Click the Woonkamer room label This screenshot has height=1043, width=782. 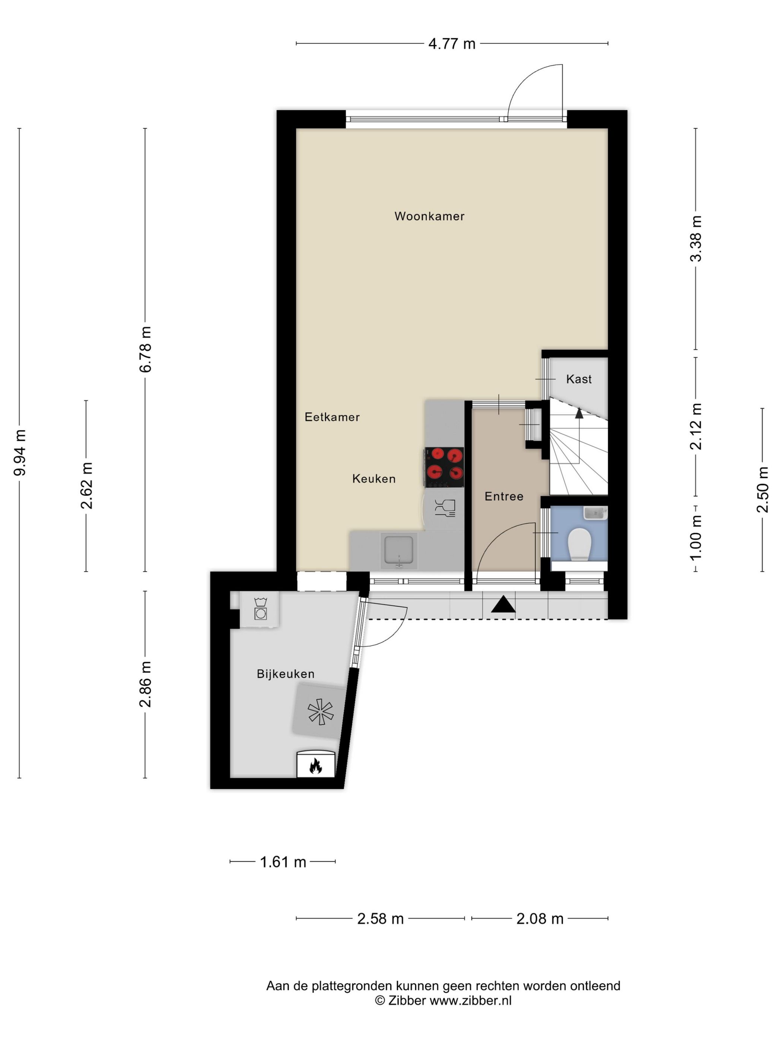429,216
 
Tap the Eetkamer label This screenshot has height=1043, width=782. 332,417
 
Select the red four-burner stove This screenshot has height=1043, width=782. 444,467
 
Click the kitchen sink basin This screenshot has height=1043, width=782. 399,550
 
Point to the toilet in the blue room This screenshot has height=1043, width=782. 579,543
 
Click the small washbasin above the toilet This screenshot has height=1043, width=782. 595,513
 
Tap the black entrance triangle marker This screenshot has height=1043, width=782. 503,605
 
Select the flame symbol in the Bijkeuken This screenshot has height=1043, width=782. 315,766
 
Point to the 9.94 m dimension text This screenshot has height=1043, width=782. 20,453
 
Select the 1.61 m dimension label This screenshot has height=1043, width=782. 283,862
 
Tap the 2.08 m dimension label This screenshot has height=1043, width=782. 540,919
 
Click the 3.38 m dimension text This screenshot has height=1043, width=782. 696,239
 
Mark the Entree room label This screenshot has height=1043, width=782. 504,496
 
